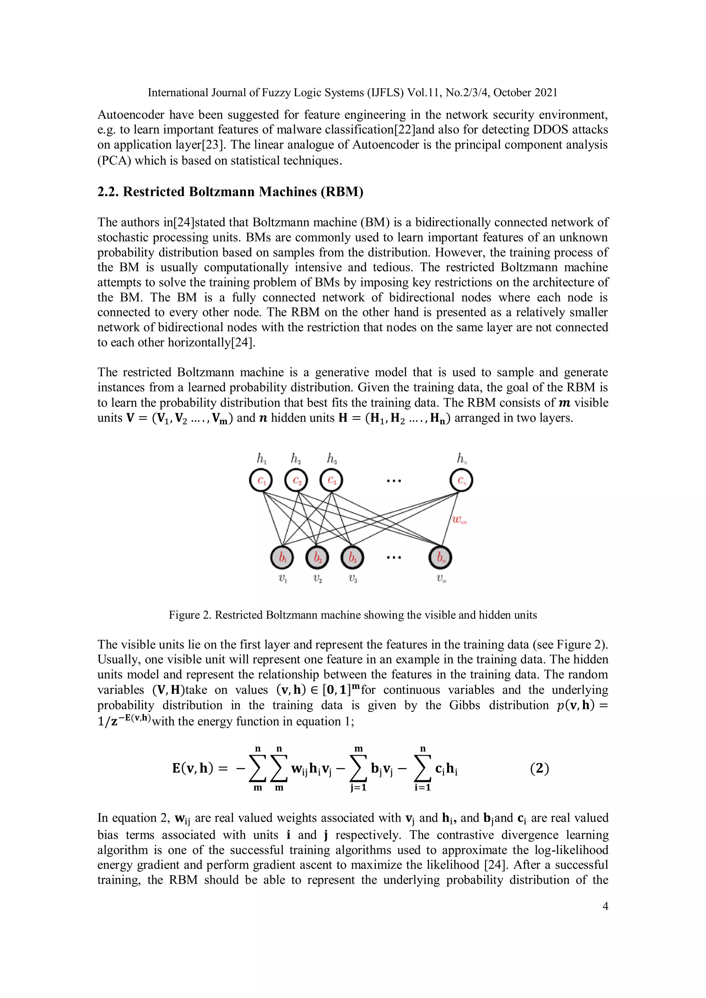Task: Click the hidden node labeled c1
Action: coord(261,481)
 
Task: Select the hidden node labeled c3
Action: coord(331,481)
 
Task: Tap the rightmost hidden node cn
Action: coord(461,481)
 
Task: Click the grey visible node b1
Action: coord(282,557)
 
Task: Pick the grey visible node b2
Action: coord(317,557)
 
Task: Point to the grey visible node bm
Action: coord(440,557)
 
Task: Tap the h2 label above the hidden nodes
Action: coord(296,459)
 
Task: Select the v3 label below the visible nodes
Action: coord(353,579)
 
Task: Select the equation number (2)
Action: coord(539,768)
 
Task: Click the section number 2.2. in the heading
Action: coord(108,192)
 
